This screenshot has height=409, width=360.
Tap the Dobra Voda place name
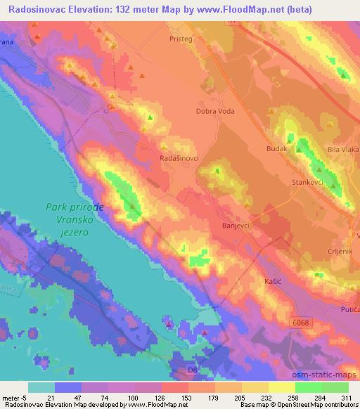coord(215,111)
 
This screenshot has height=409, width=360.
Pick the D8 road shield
coord(193,368)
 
